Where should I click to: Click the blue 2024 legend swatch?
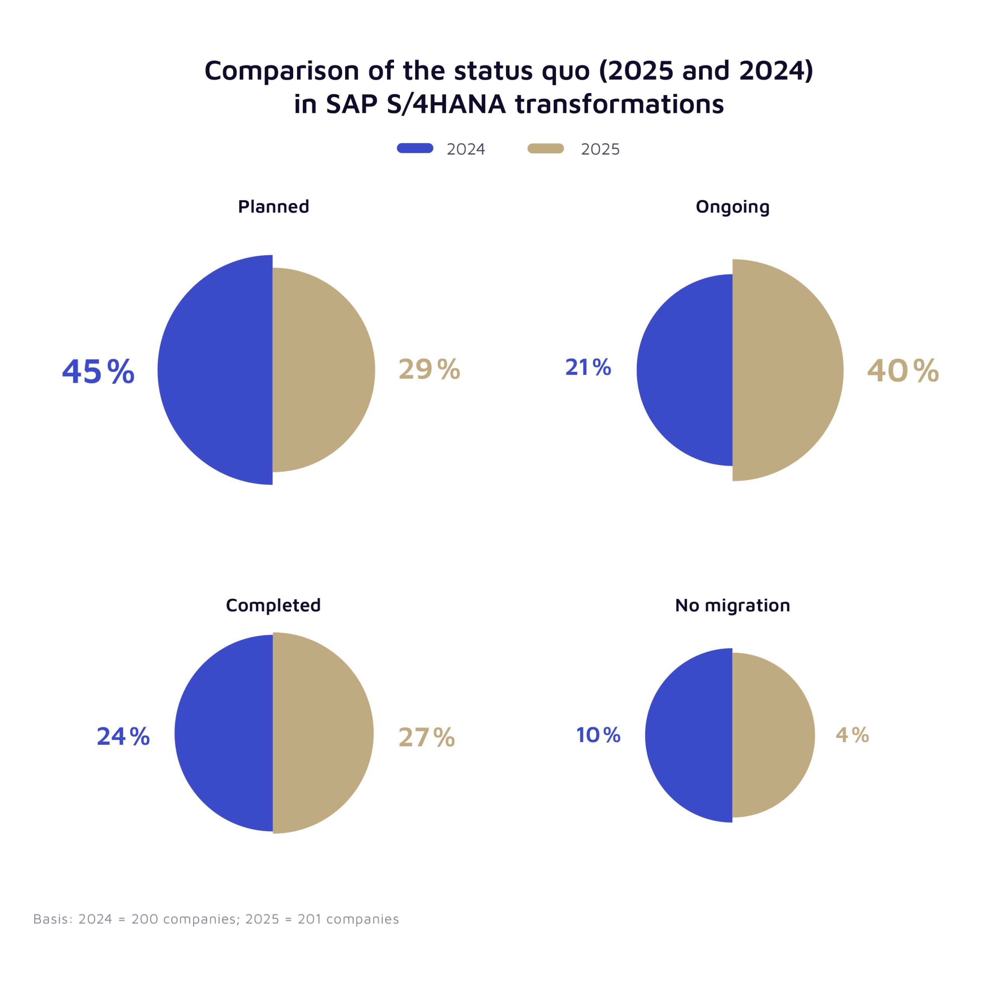415,148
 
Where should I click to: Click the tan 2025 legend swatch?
545,148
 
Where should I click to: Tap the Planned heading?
273,207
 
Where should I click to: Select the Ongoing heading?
732,207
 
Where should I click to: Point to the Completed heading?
273,605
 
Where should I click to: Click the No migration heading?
732,605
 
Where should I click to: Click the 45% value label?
98,371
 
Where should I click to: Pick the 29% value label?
429,369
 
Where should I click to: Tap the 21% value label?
588,367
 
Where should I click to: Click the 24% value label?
123,736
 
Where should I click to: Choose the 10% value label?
598,735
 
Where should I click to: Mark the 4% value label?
852,735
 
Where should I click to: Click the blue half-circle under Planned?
216,370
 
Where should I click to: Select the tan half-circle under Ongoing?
786,370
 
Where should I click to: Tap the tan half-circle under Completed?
321,733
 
